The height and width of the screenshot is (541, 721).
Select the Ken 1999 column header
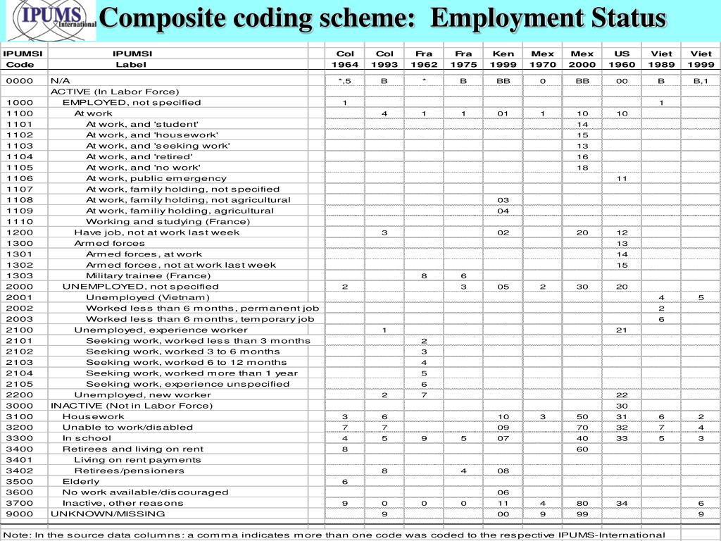click(x=503, y=58)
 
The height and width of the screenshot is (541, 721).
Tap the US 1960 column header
click(x=622, y=58)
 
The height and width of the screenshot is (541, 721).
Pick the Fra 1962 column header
click(x=424, y=58)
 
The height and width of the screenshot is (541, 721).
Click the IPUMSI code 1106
click(x=20, y=178)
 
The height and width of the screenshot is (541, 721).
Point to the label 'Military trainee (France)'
click(x=148, y=275)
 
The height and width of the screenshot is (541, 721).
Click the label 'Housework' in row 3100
click(x=93, y=416)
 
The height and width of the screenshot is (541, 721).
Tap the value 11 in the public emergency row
click(x=622, y=178)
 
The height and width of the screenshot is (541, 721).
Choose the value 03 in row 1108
click(x=503, y=200)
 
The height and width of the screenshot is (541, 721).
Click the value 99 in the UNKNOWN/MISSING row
click(x=582, y=514)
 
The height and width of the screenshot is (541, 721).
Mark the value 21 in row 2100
click(x=622, y=330)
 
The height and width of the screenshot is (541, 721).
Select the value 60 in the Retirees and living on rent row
click(x=582, y=449)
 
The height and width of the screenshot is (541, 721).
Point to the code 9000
click(x=20, y=514)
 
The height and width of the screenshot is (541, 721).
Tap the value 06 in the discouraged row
click(x=503, y=492)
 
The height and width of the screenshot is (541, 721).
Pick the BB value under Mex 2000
click(x=582, y=81)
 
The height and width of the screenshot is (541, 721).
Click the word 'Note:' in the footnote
click(x=17, y=535)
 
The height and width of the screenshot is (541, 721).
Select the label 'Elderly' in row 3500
click(x=81, y=481)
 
